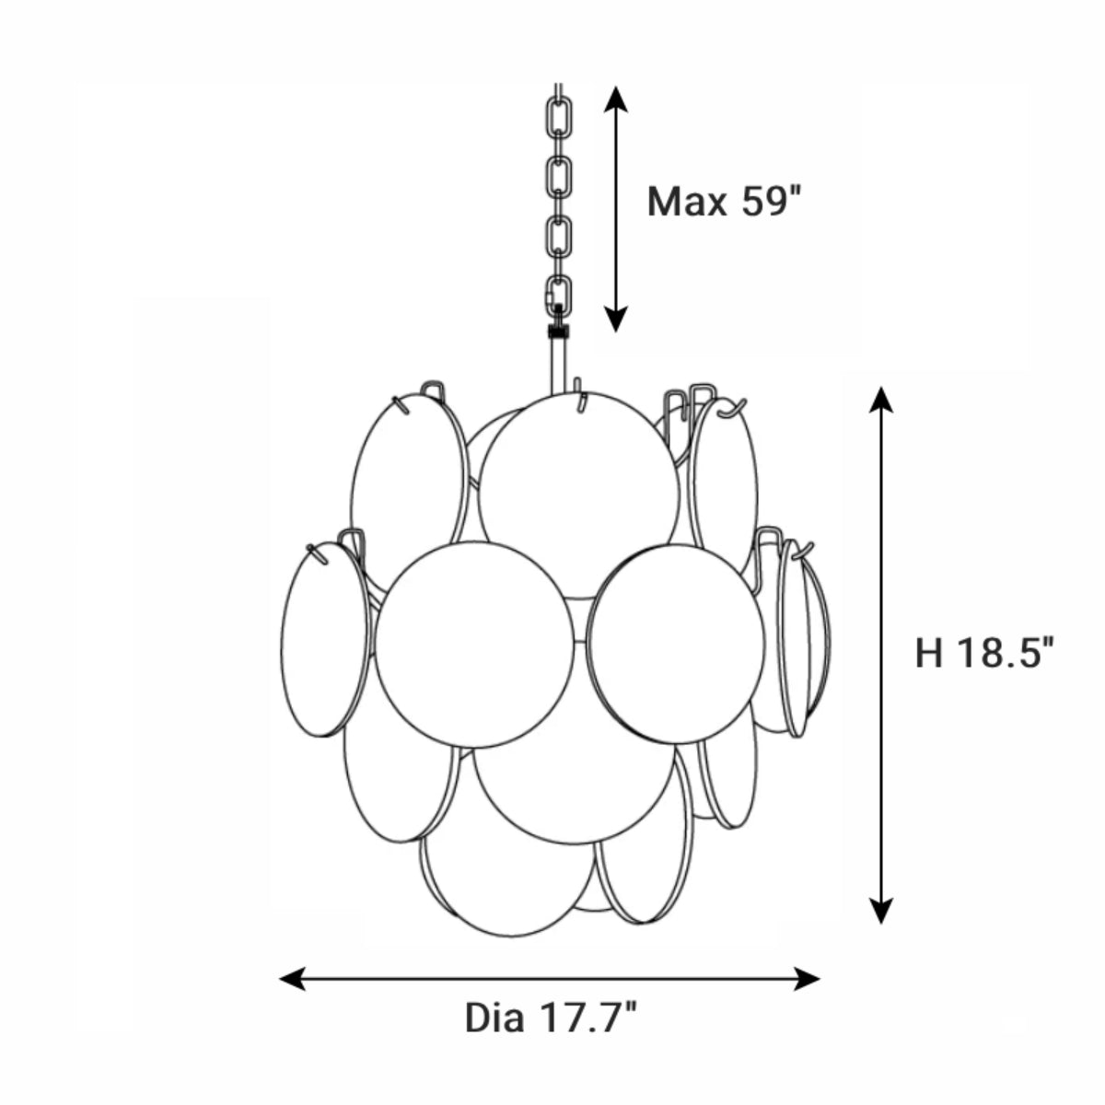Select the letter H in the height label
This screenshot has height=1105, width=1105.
(x=929, y=653)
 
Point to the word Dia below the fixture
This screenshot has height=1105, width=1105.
(x=494, y=1018)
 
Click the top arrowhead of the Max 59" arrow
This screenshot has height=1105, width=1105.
(x=615, y=99)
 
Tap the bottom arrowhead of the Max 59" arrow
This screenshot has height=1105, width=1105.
(x=615, y=319)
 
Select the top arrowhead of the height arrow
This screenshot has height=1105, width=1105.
(x=881, y=400)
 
